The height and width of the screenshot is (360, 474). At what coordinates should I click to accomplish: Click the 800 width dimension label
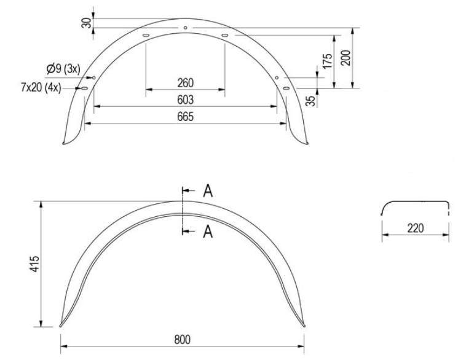[182, 340]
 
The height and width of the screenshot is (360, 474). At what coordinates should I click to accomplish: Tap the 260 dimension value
[185, 83]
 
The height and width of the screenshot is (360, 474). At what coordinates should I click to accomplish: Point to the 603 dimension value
[185, 100]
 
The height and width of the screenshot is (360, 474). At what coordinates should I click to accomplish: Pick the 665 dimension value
[185, 117]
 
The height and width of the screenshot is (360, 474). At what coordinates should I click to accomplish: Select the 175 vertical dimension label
[328, 61]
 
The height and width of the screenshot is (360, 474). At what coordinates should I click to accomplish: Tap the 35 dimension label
[310, 100]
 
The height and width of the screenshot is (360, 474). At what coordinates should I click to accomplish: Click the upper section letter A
[208, 191]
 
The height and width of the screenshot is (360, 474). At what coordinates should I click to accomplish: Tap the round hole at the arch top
[185, 28]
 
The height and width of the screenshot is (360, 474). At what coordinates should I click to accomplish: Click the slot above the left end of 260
[146, 37]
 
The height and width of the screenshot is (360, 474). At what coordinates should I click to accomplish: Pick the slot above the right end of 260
[224, 37]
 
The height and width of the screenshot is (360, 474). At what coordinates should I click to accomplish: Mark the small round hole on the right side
[277, 77]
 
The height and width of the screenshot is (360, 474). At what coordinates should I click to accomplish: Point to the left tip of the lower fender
[60, 326]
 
